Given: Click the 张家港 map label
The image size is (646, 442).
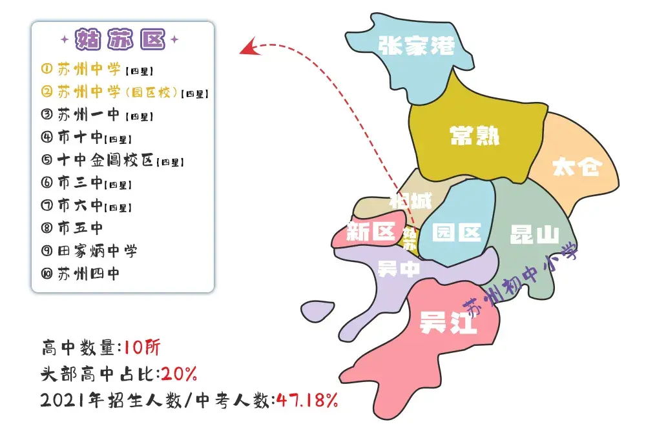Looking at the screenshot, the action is click(x=416, y=45).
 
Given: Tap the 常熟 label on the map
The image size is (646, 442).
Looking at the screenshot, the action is click(x=475, y=136).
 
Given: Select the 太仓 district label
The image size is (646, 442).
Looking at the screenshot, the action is click(x=576, y=166).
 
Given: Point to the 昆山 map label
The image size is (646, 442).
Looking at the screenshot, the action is click(x=534, y=234).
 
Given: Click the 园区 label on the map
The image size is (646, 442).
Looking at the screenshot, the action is click(x=457, y=232).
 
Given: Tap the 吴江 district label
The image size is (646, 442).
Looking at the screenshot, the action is click(x=448, y=322).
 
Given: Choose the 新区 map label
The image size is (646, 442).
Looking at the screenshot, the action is click(x=370, y=232).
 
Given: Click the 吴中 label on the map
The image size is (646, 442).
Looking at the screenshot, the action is click(x=399, y=268).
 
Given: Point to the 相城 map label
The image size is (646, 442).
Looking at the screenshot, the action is click(x=410, y=201).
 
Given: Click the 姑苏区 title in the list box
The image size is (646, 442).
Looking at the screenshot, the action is click(x=121, y=40).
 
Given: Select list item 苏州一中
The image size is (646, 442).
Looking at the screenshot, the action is click(x=89, y=115).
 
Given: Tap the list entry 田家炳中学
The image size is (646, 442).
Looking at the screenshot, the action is click(x=97, y=250).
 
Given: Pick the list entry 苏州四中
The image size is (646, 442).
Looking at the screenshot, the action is click(x=89, y=274).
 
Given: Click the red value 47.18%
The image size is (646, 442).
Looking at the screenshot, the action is click(x=307, y=400).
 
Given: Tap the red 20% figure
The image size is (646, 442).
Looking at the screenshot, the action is click(x=179, y=374).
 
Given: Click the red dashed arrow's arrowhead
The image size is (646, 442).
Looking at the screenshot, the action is click(x=245, y=48).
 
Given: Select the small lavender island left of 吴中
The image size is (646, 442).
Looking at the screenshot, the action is click(x=318, y=310).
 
